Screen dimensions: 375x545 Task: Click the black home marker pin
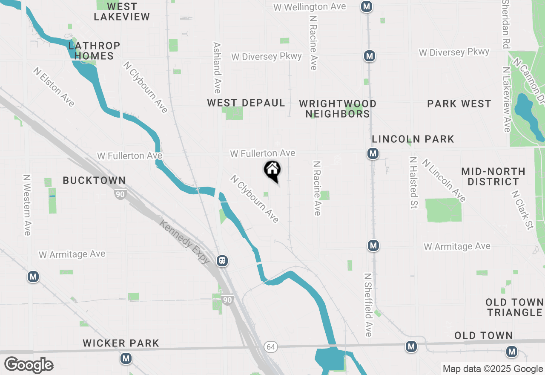coord(272,171)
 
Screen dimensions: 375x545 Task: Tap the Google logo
coord(29,365)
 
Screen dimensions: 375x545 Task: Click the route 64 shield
coord(270,347)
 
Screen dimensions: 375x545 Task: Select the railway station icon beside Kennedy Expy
coord(222,260)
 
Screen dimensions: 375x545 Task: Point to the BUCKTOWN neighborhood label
coord(94,180)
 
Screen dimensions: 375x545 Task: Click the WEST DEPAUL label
coord(246,103)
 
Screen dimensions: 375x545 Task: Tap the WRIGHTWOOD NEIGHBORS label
coord(338,109)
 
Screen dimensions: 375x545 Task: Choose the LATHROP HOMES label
coord(94,50)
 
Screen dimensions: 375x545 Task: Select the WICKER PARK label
coord(121,343)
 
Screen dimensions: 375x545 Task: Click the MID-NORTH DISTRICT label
coord(493,176)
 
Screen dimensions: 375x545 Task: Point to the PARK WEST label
coord(459,104)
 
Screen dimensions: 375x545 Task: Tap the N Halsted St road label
coord(413,182)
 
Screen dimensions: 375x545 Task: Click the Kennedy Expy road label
coord(185,241)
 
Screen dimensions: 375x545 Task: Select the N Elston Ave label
coord(54,87)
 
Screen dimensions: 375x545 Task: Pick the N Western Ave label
coord(27,205)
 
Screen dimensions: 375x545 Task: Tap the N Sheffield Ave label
coord(368,305)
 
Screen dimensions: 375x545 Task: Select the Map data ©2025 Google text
coord(493,369)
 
